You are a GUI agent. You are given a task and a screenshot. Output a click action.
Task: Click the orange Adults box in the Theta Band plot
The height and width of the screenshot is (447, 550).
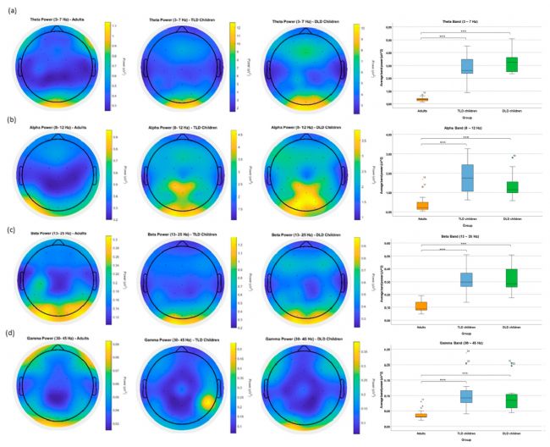click(x=422, y=99)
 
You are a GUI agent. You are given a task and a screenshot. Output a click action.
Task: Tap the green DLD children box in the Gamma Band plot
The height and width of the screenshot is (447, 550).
click(x=510, y=400)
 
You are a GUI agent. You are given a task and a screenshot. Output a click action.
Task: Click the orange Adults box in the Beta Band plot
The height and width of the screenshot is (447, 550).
click(x=422, y=306)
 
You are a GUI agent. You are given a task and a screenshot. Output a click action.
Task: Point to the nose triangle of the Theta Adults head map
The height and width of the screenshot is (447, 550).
click(x=56, y=29)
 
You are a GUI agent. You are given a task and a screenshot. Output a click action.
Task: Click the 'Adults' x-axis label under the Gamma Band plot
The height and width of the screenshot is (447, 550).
click(x=422, y=434)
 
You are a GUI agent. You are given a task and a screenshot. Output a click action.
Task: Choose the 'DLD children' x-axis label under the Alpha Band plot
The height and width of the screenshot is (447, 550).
click(x=510, y=219)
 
